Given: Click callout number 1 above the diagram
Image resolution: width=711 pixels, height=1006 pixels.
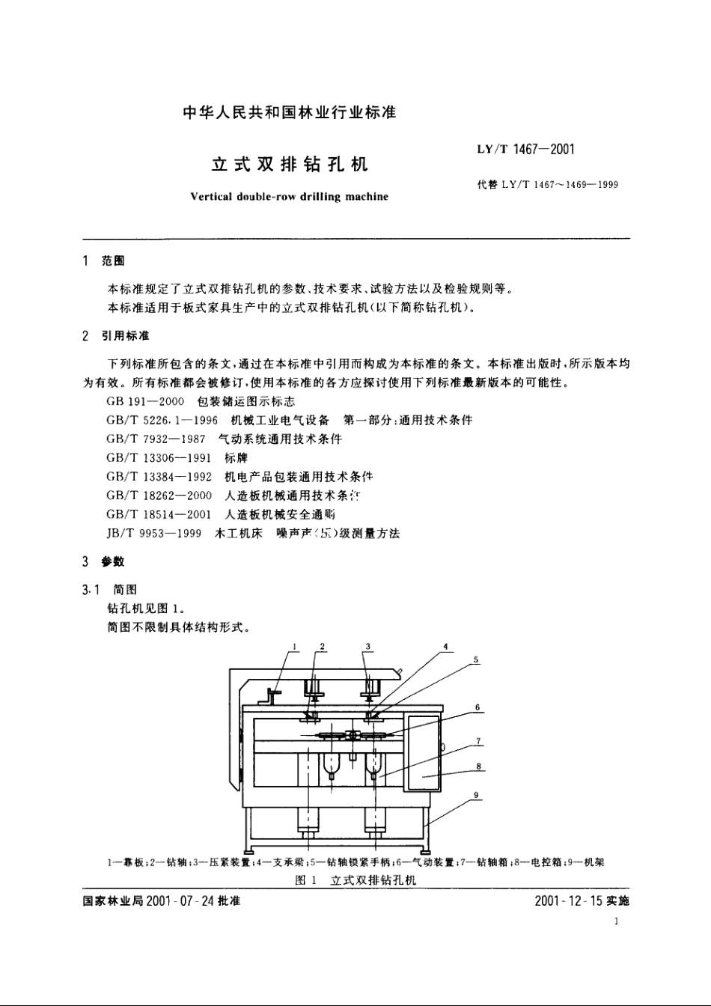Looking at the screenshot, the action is tap(295, 646).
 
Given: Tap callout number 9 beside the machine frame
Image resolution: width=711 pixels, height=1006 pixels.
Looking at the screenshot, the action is tap(476, 795).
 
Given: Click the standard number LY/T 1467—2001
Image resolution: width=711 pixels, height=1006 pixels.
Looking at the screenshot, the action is tap(525, 150).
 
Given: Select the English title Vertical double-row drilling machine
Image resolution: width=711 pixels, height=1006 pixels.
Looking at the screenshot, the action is tap(290, 197).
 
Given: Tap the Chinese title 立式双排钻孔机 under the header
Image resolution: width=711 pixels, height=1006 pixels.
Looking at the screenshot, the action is tap(290, 164).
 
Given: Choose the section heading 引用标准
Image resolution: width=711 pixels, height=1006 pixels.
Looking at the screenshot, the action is tap(125, 335).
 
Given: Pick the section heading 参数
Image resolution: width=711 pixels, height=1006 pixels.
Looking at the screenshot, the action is tap(113, 561).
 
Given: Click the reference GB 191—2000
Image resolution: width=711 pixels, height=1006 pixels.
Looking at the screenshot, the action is tap(145, 402).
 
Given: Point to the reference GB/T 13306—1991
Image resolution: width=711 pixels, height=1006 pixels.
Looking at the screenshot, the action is tap(159, 458).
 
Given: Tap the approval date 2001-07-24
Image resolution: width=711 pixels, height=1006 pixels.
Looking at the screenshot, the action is tap(182, 901).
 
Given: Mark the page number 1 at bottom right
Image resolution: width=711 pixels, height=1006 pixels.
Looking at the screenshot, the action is tap(616, 923).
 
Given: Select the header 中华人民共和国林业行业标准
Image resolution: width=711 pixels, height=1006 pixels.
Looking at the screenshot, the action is tap(289, 113).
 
